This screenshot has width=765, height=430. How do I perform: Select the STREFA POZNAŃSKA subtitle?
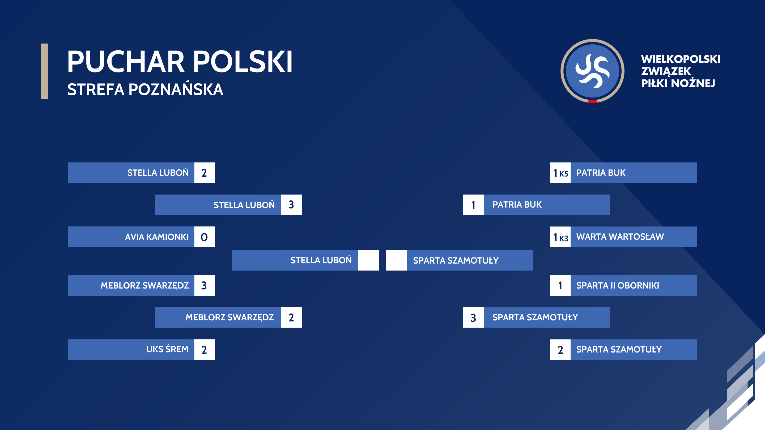click(145, 89)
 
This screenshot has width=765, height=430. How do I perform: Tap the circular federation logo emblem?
click(592, 71)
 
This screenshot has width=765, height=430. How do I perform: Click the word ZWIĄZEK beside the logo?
click(666, 71)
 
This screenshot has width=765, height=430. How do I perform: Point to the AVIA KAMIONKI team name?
click(156, 237)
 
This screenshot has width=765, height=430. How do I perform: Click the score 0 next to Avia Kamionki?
click(204, 237)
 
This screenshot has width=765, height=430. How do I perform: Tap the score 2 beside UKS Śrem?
click(204, 350)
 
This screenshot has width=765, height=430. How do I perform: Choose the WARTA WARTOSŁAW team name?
click(620, 236)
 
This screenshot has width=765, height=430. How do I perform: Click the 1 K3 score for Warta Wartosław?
click(560, 237)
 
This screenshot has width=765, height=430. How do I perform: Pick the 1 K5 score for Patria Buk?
click(560, 173)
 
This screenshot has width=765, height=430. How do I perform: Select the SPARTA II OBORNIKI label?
click(618, 286)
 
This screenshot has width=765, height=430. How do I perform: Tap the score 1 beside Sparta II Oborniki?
click(560, 286)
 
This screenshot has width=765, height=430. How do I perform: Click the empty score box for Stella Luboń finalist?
click(368, 260)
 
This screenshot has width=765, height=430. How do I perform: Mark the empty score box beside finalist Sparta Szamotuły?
click(396, 260)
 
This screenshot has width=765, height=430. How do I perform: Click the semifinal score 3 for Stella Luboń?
click(291, 205)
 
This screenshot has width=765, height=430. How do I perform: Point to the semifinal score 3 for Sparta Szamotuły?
click(473, 317)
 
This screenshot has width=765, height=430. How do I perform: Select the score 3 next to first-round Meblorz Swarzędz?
click(204, 286)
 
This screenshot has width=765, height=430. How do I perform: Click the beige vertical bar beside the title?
click(44, 71)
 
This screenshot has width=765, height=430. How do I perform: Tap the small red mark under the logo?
click(592, 101)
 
